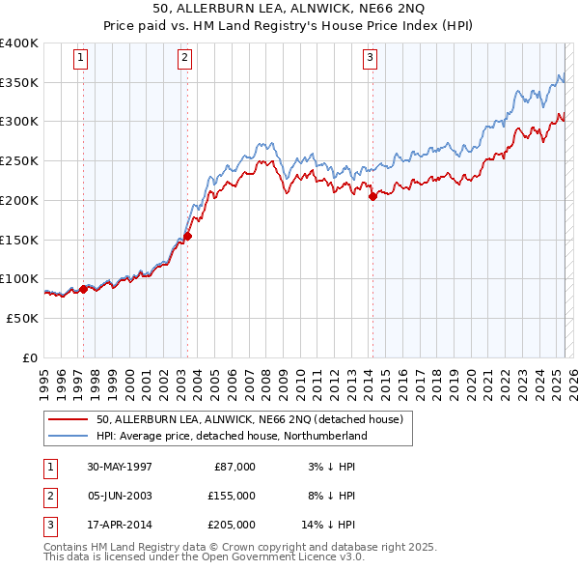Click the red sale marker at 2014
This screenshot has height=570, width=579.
[372, 196]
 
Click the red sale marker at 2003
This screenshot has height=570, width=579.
[188, 235]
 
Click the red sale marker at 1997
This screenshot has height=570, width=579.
[84, 288]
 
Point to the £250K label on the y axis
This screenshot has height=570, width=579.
[19, 160]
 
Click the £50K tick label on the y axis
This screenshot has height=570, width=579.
[23, 318]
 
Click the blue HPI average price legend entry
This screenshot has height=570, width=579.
[232, 436]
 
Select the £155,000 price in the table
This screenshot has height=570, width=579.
[232, 496]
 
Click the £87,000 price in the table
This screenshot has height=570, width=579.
[234, 467]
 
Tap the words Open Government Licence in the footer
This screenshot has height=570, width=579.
[276, 556]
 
